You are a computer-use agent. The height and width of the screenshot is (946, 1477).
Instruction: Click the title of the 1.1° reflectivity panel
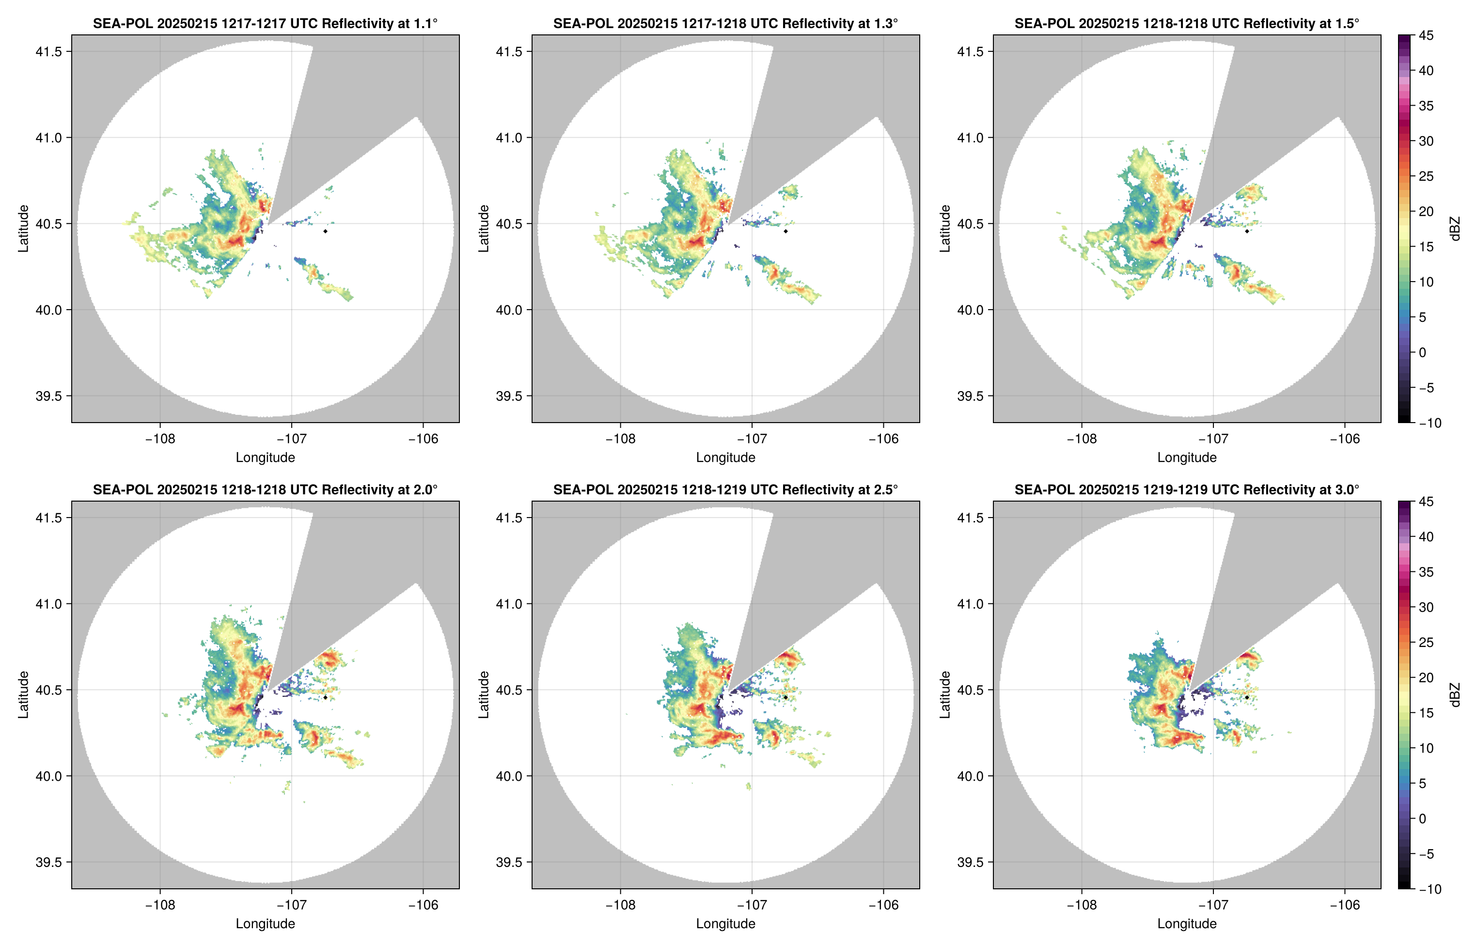point(265,23)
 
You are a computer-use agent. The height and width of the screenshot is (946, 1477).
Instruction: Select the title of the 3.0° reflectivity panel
point(1187,489)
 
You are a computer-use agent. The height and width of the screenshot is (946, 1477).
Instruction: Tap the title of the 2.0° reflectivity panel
point(265,489)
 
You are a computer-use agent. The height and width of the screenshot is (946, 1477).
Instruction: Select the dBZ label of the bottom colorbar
point(1455,695)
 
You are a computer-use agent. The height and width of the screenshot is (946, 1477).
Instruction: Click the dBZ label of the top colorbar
point(1455,229)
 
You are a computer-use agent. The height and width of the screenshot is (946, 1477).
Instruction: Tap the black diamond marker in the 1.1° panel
point(325,231)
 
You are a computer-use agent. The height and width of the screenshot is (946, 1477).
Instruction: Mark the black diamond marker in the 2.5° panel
point(786,697)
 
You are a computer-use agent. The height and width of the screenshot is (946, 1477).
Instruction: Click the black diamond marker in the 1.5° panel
point(1247,231)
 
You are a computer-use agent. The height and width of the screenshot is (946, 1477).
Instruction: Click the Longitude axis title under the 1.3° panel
point(725,457)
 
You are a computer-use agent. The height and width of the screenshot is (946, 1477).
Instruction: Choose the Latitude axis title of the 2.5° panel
point(484,695)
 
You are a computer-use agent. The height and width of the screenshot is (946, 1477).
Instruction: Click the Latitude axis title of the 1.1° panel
point(23,229)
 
